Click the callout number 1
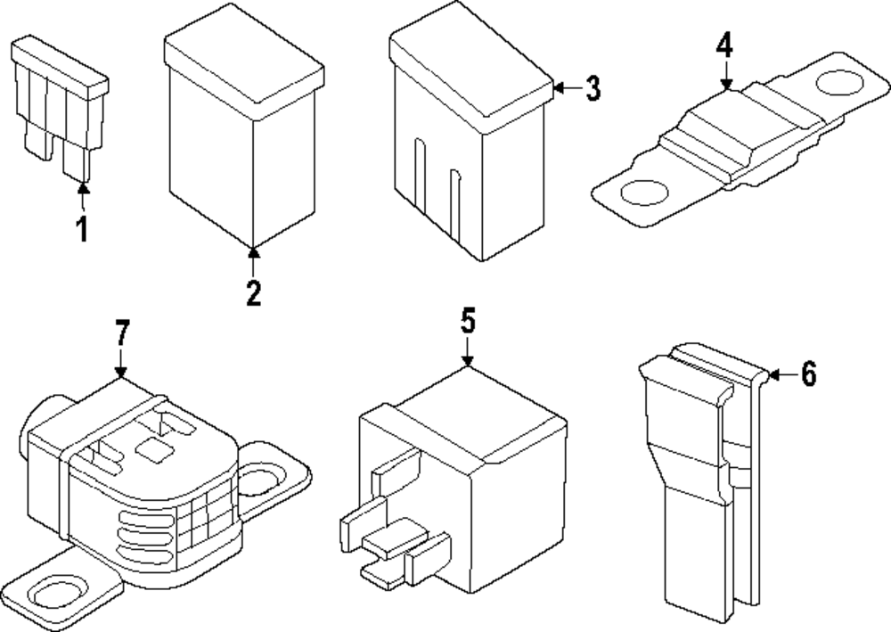click(82, 230)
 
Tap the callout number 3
click(592, 88)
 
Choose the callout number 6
click(807, 375)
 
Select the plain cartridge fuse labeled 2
click(242, 134)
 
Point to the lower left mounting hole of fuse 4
click(643, 192)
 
